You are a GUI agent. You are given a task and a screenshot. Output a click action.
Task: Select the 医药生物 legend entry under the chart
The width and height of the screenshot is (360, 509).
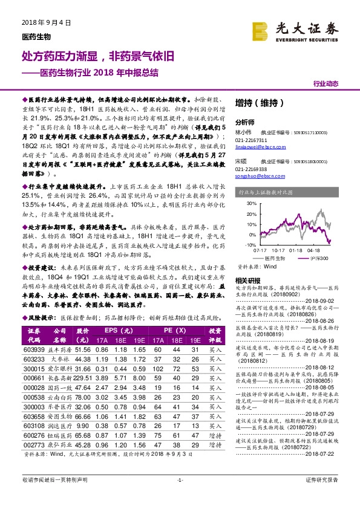[x=275, y=258]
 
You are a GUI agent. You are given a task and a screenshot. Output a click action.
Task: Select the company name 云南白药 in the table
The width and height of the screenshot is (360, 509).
[x=59, y=397]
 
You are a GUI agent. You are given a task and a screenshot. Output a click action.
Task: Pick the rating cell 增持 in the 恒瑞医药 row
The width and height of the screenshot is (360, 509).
[x=214, y=435]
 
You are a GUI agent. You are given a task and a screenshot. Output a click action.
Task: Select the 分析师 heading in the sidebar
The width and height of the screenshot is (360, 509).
[x=244, y=121]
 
